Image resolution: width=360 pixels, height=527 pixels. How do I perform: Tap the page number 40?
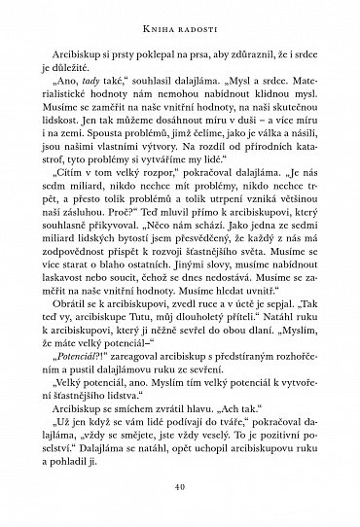tap(180, 486)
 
